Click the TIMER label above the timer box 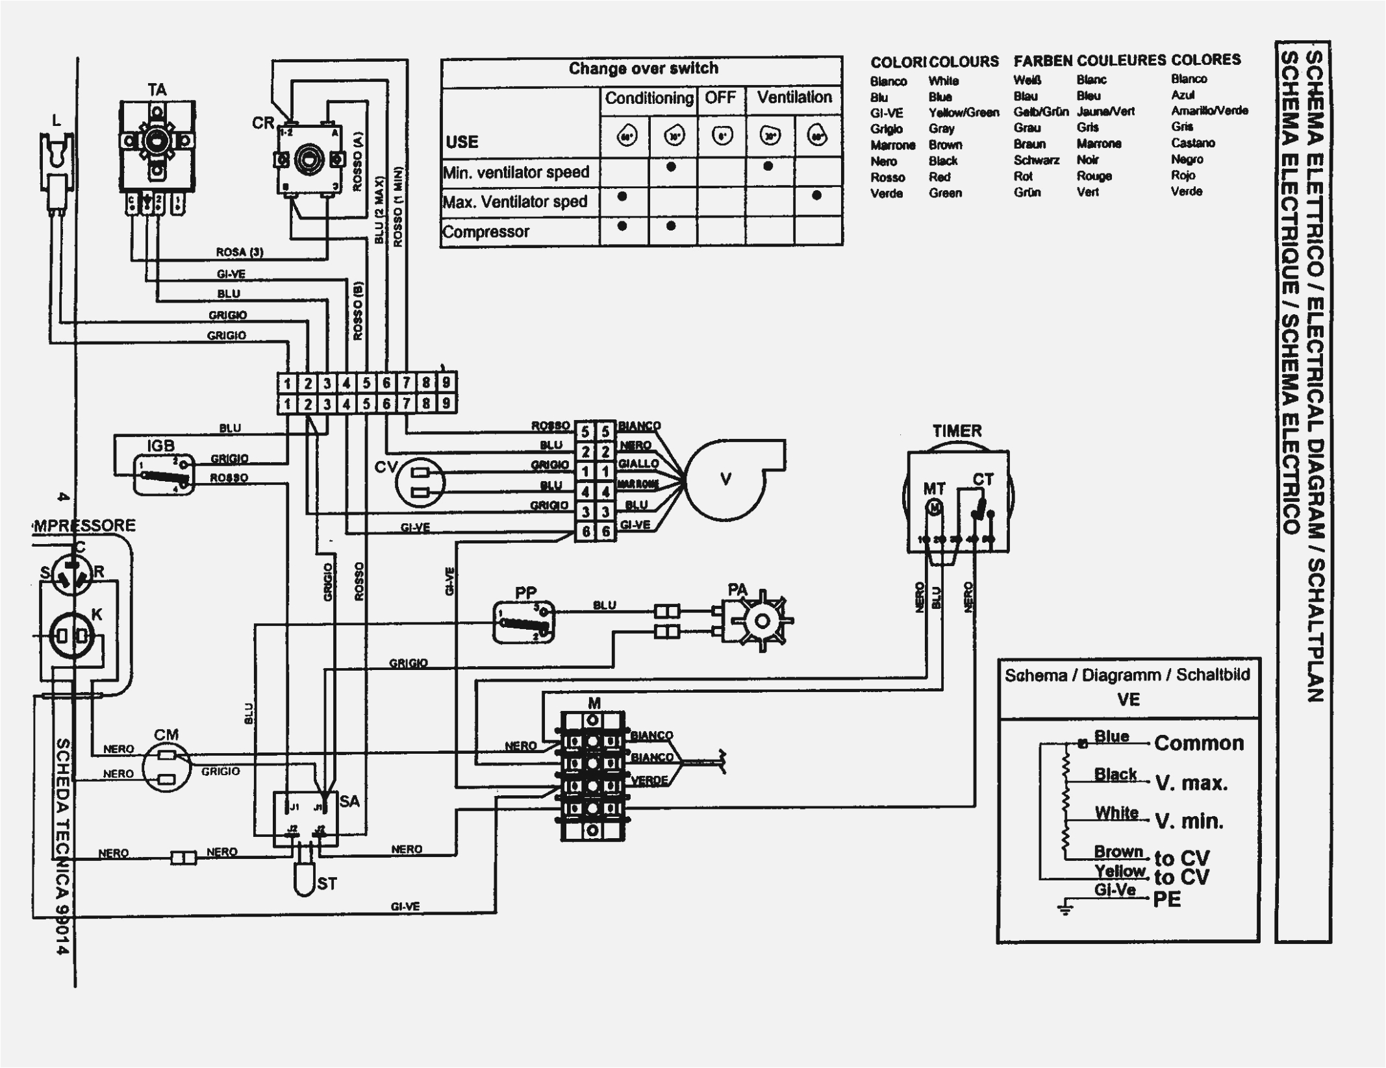pyautogui.click(x=957, y=431)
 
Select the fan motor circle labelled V pyautogui.click(x=726, y=480)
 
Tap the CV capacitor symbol pyautogui.click(x=420, y=481)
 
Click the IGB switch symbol pyautogui.click(x=164, y=475)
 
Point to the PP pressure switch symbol pyautogui.click(x=523, y=623)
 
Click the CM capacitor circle pyautogui.click(x=166, y=767)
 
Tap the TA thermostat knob pyautogui.click(x=157, y=140)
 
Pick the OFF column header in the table pyautogui.click(x=720, y=99)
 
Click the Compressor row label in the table pyautogui.click(x=485, y=232)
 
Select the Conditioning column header pyautogui.click(x=649, y=99)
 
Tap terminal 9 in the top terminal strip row pyautogui.click(x=446, y=382)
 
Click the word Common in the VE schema pyautogui.click(x=1199, y=743)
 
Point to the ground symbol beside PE pyautogui.click(x=1065, y=908)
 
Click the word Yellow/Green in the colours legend pyautogui.click(x=963, y=113)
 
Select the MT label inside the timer pyautogui.click(x=934, y=489)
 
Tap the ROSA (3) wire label pyautogui.click(x=240, y=252)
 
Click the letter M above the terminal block pyautogui.click(x=594, y=704)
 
